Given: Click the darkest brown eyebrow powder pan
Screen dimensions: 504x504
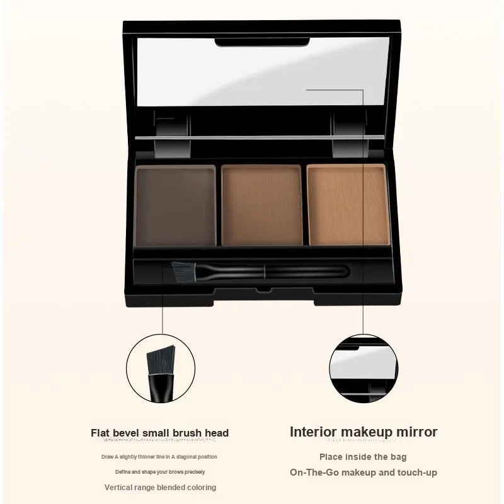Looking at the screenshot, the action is click(x=176, y=206).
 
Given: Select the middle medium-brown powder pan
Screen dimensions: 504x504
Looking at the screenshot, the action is click(x=261, y=205).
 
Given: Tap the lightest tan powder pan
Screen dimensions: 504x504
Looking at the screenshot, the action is click(x=349, y=204).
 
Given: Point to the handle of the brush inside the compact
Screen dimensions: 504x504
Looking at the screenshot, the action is click(x=273, y=272).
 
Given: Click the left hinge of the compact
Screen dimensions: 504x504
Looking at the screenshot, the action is click(x=172, y=134).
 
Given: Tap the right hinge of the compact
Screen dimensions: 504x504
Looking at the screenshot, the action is click(x=350, y=134).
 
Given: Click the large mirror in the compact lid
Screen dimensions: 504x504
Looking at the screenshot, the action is click(x=263, y=71).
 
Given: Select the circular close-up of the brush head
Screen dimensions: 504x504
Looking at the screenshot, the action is click(x=161, y=368).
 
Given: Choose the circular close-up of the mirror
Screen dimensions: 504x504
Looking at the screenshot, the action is click(x=364, y=368).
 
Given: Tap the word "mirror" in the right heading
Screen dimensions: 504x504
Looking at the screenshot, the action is click(x=416, y=432).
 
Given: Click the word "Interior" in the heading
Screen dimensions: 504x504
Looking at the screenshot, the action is click(x=313, y=432).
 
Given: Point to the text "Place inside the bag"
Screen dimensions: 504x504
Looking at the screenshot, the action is click(x=363, y=457).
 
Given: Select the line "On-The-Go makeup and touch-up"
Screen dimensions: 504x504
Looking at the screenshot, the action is click(x=364, y=472).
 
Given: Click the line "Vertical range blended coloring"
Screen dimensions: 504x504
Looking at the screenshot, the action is click(x=160, y=487).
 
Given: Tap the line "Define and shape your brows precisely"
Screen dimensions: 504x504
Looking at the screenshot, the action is click(x=160, y=472).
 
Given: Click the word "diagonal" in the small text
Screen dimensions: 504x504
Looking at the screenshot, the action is click(x=186, y=457).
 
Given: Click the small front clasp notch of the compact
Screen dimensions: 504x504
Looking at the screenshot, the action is click(x=263, y=290).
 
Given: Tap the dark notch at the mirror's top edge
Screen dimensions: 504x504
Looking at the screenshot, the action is click(x=262, y=42).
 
